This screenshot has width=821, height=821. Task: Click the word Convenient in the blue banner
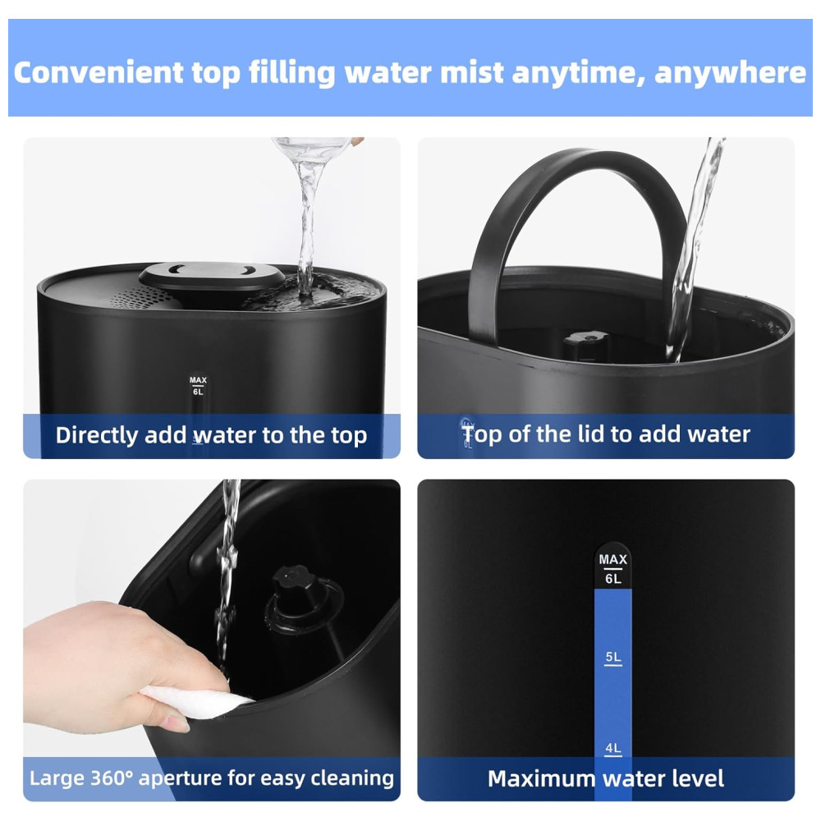(99, 72)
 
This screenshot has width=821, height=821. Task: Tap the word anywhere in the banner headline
(730, 72)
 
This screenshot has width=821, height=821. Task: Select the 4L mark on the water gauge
(613, 748)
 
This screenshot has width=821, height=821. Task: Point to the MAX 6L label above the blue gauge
(613, 569)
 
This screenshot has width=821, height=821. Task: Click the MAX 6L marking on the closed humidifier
(198, 386)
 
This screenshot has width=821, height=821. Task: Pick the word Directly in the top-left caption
(96, 436)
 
